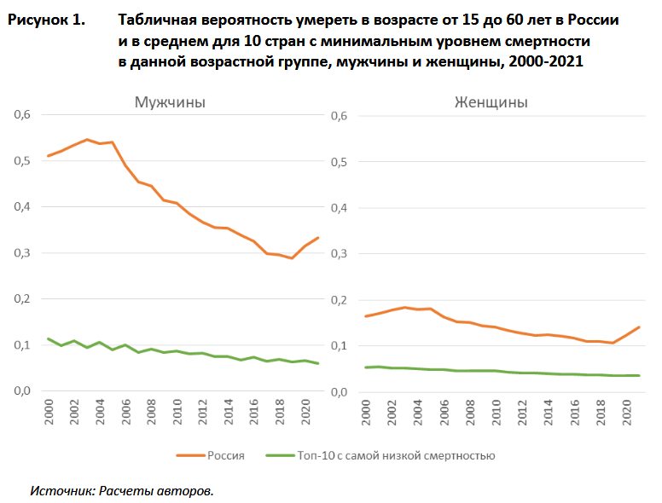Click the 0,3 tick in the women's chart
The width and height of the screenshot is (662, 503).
[340, 253]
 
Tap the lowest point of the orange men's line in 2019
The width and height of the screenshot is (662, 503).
[292, 257]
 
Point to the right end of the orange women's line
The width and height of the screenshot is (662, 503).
[640, 327]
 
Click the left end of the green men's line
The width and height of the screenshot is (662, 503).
[49, 338]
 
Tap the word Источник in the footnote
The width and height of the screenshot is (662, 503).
[61, 491]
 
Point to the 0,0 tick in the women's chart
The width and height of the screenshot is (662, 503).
[340, 391]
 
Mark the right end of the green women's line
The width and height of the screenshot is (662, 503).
[640, 375]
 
